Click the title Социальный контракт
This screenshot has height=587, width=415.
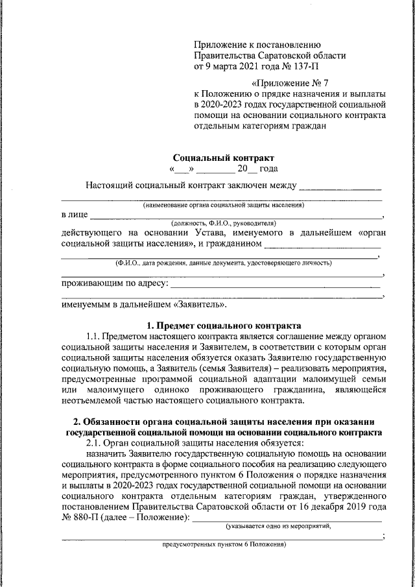click(224, 158)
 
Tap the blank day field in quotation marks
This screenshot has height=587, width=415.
click(182, 169)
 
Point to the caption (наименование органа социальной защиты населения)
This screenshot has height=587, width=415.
click(224, 205)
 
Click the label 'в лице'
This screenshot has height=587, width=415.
click(74, 214)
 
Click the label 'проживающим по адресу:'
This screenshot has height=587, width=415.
click(114, 283)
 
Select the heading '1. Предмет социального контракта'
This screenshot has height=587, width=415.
click(224, 324)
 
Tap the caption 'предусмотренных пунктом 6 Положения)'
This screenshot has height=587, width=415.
click(224, 545)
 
